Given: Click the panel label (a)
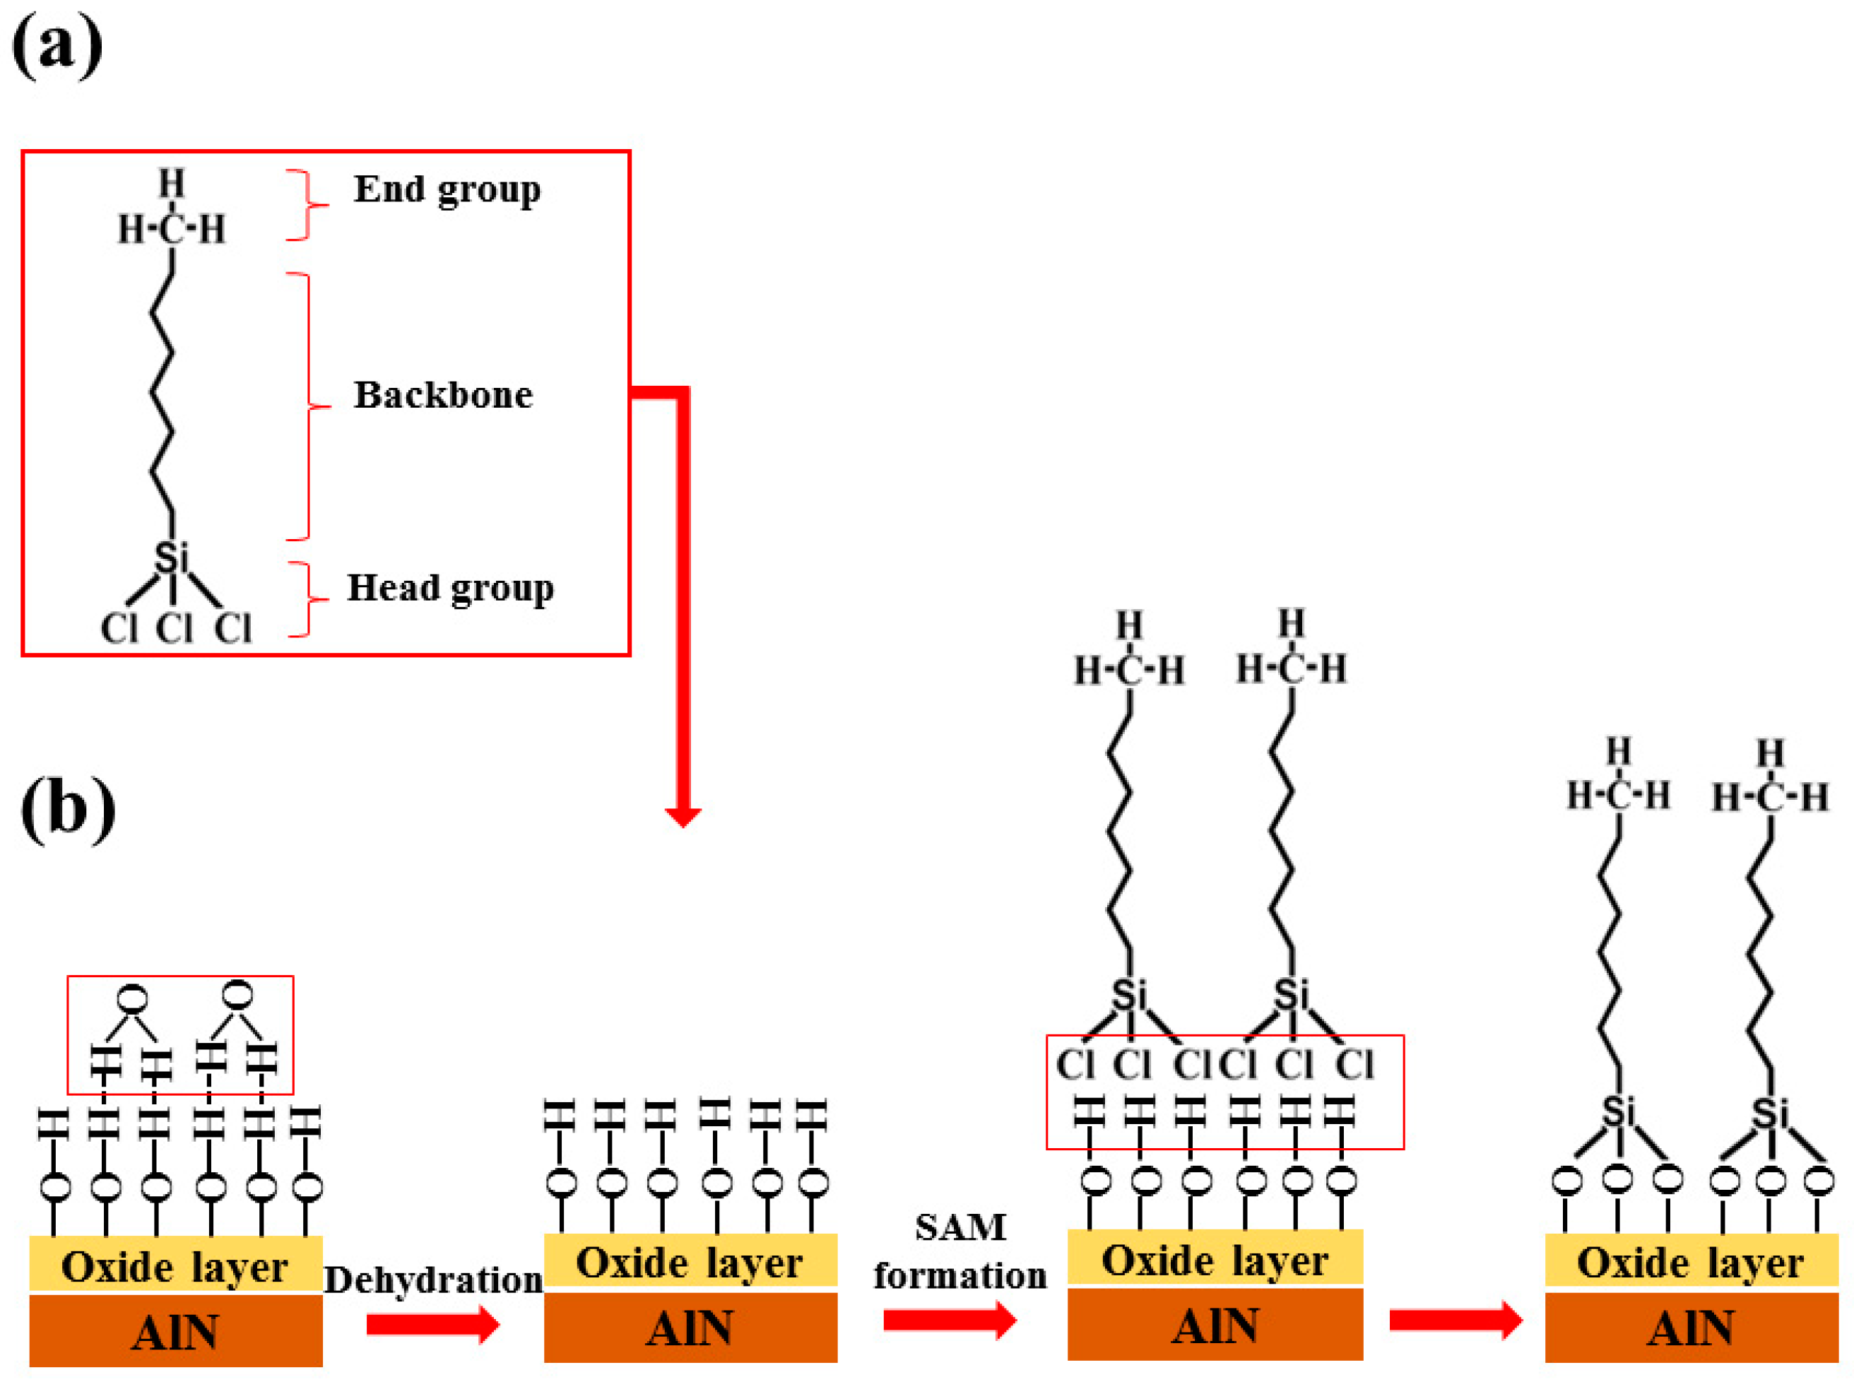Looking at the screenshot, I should point(57,46).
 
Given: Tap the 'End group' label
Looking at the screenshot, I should point(447,190).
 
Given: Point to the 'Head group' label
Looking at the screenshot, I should point(450,588).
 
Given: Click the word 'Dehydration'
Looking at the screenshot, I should point(432,1281).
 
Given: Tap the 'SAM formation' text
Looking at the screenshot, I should point(960,1252).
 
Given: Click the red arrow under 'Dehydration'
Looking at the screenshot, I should point(432,1324).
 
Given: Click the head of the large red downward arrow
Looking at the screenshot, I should point(683,815).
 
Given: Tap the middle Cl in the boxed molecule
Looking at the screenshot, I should point(174,627).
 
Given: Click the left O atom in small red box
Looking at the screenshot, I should point(132,999).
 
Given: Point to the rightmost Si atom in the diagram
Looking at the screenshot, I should point(1771,1114).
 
